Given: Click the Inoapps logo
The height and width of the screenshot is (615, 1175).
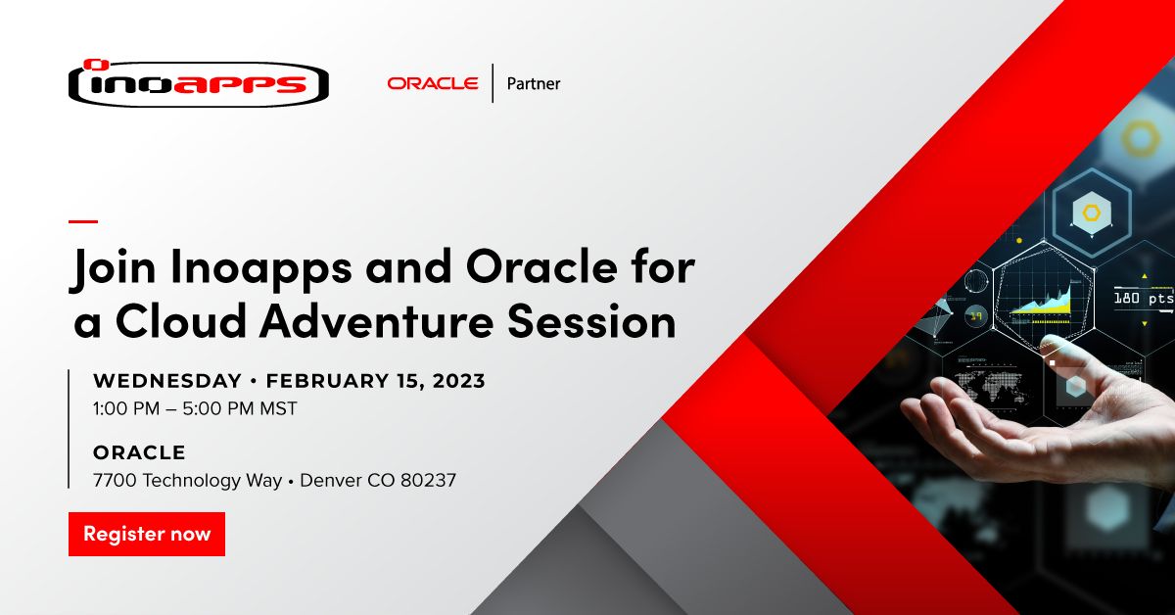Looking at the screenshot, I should coord(198,84).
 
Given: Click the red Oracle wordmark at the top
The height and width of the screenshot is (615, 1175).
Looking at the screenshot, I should coord(432,83).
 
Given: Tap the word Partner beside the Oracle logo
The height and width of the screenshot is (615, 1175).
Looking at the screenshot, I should coord(534,84).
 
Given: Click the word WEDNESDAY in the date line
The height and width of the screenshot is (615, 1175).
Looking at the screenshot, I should coord(166,381).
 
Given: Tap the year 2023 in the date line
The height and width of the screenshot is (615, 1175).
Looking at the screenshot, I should coord(455,381).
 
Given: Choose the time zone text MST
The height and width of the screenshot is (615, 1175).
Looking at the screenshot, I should coord(277,407).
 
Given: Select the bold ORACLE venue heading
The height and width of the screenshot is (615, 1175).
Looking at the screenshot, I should coord(139,452).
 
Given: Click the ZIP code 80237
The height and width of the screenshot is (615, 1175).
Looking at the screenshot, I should coord(427,480).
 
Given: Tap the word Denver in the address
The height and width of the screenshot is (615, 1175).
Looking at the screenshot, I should coord(331,480).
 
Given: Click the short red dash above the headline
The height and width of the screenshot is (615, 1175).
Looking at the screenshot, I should coord(83,220).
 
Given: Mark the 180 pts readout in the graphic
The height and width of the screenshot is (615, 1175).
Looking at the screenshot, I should coord(1143,297).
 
